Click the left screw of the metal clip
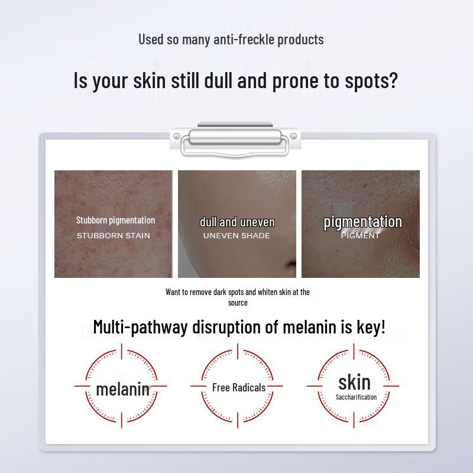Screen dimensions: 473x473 [x=177, y=137]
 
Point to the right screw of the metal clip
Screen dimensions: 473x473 [x=293, y=137]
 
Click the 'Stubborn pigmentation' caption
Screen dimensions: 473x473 [x=115, y=220]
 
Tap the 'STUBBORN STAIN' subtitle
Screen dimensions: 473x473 [x=114, y=235]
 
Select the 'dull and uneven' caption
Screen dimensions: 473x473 [x=237, y=222]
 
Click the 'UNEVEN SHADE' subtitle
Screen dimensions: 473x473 [x=237, y=235]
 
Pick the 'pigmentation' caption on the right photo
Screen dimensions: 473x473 [x=362, y=222]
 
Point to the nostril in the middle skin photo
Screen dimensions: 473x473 [x=289, y=264]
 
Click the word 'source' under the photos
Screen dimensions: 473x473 [x=238, y=303]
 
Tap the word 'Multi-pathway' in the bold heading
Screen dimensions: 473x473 [x=140, y=326]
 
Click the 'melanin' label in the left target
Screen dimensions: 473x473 [x=122, y=388]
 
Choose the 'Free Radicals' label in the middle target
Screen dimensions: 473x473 [x=239, y=387]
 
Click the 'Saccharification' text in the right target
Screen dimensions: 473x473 [x=356, y=397]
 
